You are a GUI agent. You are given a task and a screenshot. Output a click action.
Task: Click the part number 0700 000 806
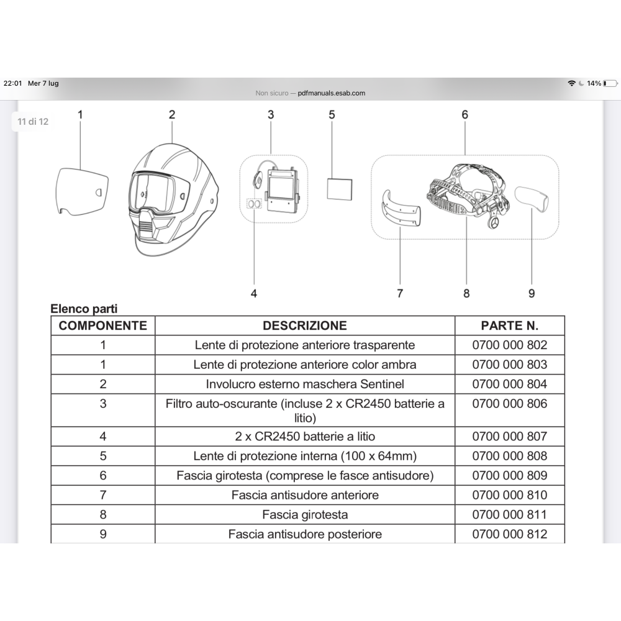pyautogui.click(x=509, y=404)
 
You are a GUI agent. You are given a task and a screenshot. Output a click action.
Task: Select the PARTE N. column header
pyautogui.click(x=509, y=325)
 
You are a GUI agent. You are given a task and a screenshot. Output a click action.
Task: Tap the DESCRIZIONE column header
pyautogui.click(x=304, y=325)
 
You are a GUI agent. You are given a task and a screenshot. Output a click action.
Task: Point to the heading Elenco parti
pyautogui.click(x=84, y=309)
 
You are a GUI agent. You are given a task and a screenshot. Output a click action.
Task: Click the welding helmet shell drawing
pyautogui.click(x=173, y=200)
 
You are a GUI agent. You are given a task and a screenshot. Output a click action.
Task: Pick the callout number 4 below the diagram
pyautogui.click(x=254, y=294)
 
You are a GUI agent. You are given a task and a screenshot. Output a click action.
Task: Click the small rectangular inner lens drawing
pyautogui.click(x=340, y=189)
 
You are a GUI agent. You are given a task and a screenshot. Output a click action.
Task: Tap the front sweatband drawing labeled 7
pyautogui.click(x=400, y=209)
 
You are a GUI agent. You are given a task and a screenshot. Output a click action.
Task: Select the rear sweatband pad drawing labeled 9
pyautogui.click(x=532, y=199)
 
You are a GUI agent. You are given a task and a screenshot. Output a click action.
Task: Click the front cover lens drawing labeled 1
pyautogui.click(x=81, y=192)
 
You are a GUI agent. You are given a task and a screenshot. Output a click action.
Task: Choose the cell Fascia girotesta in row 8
pyautogui.click(x=305, y=514)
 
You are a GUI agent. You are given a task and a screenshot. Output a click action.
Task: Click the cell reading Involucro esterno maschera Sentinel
pyautogui.click(x=305, y=384)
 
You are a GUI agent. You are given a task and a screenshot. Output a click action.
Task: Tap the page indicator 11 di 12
pyautogui.click(x=33, y=122)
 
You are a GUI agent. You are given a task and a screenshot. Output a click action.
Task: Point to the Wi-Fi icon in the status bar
pyautogui.click(x=571, y=83)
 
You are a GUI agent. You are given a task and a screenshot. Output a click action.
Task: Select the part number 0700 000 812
pyautogui.click(x=509, y=534)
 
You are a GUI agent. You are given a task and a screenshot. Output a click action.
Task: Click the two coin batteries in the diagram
pyautogui.click(x=254, y=204)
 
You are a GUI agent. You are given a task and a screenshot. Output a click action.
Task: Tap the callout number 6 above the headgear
pyautogui.click(x=465, y=114)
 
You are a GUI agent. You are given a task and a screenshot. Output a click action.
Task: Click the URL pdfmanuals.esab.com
pyautogui.click(x=332, y=93)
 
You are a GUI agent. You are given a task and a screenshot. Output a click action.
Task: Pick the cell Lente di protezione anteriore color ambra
pyautogui.click(x=305, y=365)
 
